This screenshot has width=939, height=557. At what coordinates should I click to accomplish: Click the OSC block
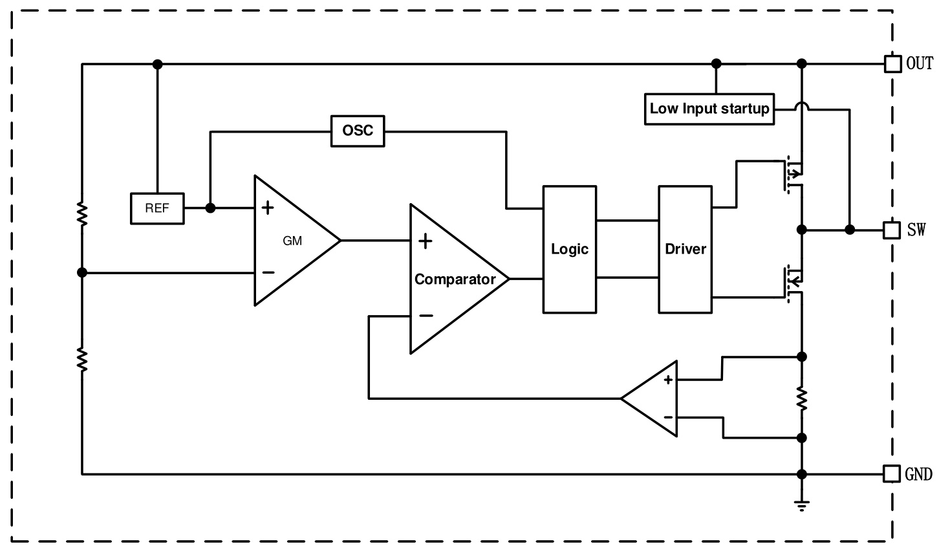[358, 131]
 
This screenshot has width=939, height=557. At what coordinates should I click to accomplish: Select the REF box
[157, 208]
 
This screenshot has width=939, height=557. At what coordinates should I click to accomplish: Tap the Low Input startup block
[709, 109]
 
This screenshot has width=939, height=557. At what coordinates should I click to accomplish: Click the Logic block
[570, 249]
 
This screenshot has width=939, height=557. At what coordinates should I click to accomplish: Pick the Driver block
[685, 249]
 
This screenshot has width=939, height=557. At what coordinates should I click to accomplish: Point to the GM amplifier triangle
[291, 240]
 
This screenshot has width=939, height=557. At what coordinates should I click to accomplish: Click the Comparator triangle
[453, 279]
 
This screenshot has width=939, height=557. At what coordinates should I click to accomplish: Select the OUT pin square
[892, 63]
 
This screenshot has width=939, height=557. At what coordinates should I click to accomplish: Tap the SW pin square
[892, 230]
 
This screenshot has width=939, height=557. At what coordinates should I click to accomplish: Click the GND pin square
[892, 474]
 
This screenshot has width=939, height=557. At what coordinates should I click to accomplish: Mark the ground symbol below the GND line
[802, 505]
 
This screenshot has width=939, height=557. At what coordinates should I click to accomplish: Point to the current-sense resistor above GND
[802, 398]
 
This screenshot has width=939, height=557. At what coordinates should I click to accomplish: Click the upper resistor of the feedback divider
[82, 213]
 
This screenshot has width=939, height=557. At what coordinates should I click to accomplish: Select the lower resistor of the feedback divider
[82, 359]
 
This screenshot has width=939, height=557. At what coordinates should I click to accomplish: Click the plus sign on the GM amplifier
[268, 208]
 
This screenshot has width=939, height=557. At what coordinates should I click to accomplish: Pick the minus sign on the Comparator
[426, 316]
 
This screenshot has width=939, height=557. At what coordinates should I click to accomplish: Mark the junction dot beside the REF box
[210, 208]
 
